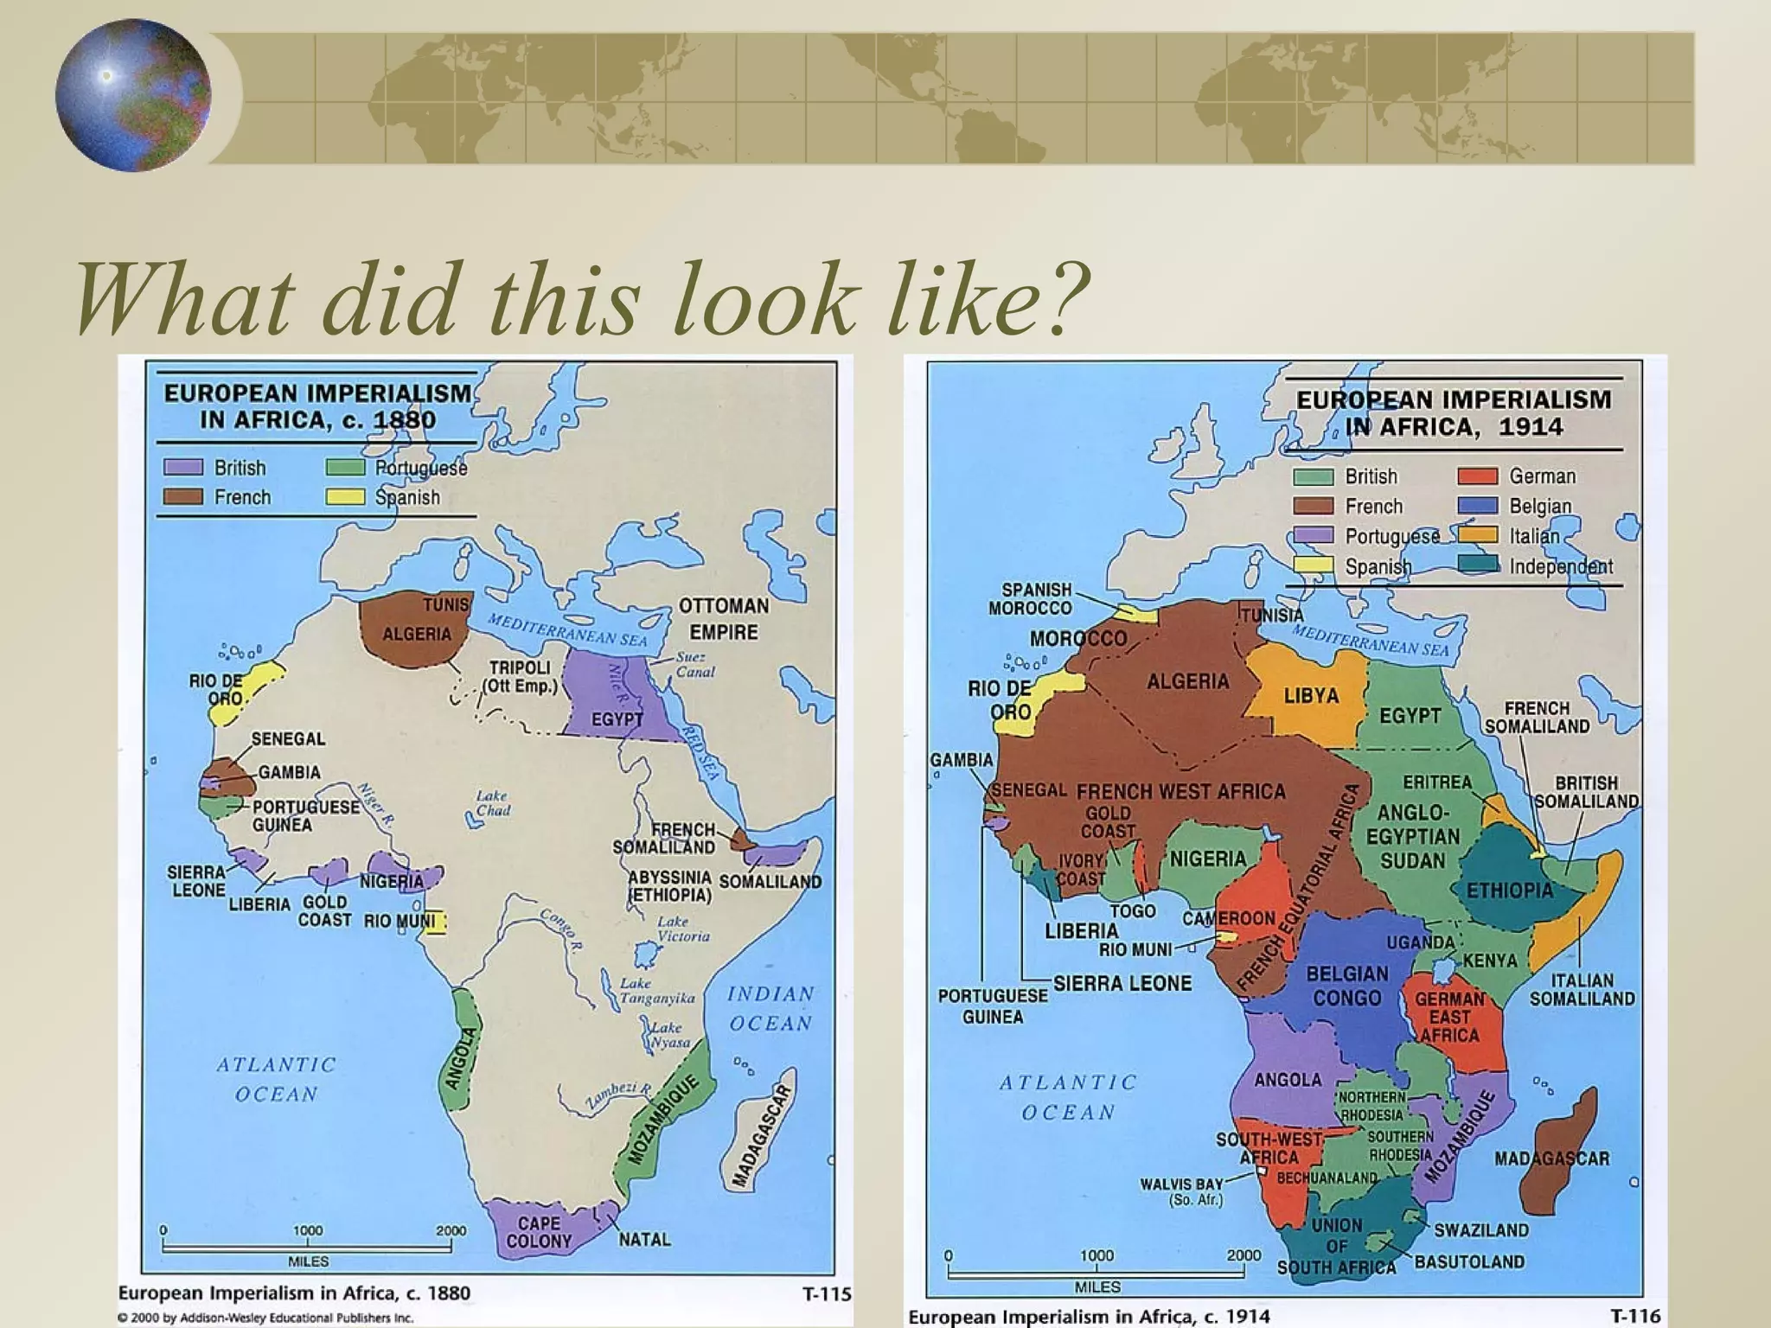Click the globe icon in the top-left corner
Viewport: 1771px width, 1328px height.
(132, 95)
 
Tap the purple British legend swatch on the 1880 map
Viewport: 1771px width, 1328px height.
(183, 468)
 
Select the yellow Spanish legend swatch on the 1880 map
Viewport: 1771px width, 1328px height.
(344, 497)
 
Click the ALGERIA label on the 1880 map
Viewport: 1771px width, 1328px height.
(417, 634)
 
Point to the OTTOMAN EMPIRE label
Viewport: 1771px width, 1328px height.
(724, 619)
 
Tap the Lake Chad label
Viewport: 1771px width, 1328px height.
(492, 803)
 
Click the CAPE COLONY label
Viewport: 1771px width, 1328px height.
(539, 1232)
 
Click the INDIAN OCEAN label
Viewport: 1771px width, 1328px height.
(770, 1009)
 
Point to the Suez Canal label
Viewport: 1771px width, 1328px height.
(695, 664)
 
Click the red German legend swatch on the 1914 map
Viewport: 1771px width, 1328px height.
(1477, 476)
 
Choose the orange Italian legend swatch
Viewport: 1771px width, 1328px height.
(1477, 536)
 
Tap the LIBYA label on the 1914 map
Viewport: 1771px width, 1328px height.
(1311, 696)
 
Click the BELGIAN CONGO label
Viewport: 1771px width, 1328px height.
(1347, 986)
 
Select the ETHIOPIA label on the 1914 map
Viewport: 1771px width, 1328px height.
(1510, 891)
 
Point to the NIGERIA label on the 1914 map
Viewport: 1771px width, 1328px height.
(1208, 859)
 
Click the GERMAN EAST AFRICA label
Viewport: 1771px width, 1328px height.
(1450, 1017)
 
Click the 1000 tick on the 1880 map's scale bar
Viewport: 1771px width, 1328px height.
(308, 1230)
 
